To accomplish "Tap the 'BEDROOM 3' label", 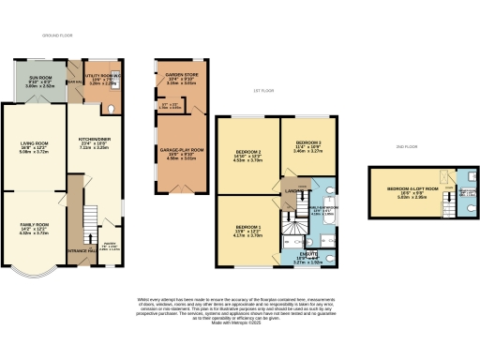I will pyautogui.click(x=308, y=142).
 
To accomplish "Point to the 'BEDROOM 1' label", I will pyautogui.click(x=248, y=228).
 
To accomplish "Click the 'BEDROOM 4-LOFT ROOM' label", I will pyautogui.click(x=408, y=189).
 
